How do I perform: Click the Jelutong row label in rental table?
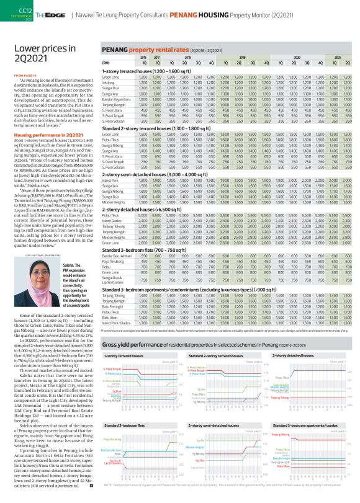pyautogui.click(x=110, y=81)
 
